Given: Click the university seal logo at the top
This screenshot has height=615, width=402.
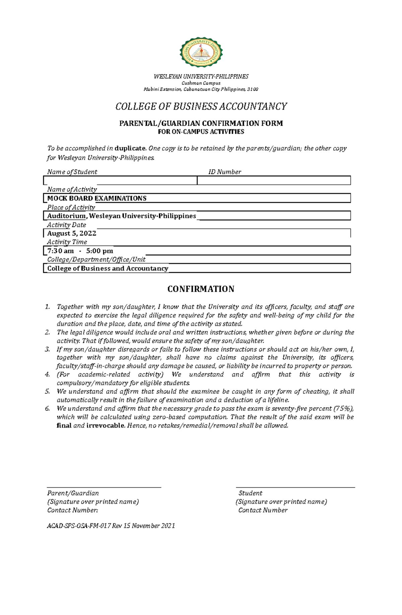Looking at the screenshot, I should click(201, 52).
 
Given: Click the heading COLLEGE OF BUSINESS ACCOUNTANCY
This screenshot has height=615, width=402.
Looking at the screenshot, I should click(201, 107).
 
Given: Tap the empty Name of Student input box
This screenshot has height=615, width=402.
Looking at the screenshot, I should click(120, 181).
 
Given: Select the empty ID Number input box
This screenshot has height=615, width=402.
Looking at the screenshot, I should click(274, 181).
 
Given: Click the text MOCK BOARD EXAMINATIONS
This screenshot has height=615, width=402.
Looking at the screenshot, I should click(97, 198).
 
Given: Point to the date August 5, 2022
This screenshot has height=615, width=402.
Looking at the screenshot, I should click(72, 233).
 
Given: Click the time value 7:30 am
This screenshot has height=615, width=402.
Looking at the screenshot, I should click(61, 251).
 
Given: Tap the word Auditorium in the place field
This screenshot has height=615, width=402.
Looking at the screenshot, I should click(66, 216).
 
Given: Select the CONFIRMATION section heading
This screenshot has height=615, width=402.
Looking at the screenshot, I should click(201, 289).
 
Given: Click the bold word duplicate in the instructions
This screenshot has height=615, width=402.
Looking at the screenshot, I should click(130, 148).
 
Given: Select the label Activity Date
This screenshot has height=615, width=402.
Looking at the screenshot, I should click(66, 225).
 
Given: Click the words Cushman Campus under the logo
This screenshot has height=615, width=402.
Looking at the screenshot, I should click(201, 83).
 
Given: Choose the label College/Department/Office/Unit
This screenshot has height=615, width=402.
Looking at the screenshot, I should click(96, 259).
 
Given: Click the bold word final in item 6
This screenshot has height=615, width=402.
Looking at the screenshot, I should click(64, 426).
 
